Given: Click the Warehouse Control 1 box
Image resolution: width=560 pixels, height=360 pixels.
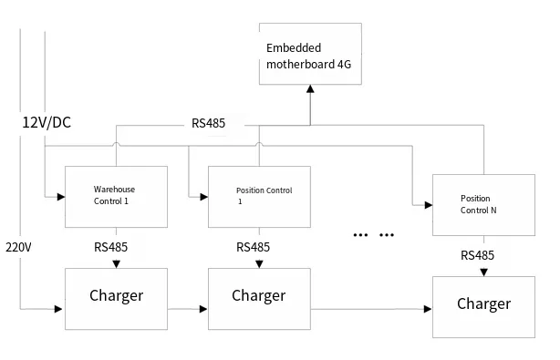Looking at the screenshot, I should (116, 197).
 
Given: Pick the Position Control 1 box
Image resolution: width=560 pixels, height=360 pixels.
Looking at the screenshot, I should (259, 197).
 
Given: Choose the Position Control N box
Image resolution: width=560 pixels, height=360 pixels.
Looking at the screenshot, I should (483, 204).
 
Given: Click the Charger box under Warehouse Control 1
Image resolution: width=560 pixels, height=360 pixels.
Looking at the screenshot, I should (116, 298).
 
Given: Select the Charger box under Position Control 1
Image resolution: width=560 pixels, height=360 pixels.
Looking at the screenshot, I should (259, 298).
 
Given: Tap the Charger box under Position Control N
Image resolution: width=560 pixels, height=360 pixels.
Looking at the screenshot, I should (483, 304).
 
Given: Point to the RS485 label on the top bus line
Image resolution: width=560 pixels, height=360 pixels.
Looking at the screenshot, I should (209, 123).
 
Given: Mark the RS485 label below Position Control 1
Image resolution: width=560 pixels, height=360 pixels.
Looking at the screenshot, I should (253, 247).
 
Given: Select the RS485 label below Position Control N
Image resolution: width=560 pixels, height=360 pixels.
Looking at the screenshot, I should (477, 255).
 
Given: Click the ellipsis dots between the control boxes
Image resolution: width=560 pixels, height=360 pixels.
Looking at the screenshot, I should (374, 235).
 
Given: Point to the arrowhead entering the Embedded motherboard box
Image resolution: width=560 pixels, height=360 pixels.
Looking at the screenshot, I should (310, 89).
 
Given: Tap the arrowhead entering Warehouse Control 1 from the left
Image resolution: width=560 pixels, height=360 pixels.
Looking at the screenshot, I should (59, 196).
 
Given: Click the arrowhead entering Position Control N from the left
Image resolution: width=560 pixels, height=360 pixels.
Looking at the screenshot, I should (428, 205).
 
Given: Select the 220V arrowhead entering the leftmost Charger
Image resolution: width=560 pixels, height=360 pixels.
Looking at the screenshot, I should (59, 310).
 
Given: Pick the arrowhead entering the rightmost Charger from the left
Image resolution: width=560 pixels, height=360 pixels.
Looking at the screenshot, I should (428, 310).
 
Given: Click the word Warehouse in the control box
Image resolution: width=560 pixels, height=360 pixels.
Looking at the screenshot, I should (114, 190).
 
